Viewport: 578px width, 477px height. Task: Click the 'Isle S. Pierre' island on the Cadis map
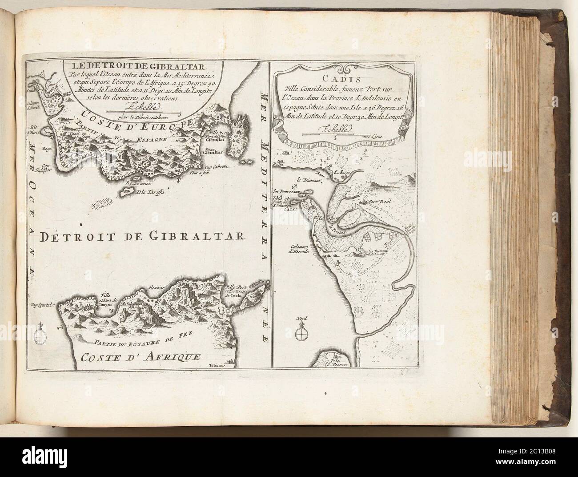pyautogui.click(x=337, y=360)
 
